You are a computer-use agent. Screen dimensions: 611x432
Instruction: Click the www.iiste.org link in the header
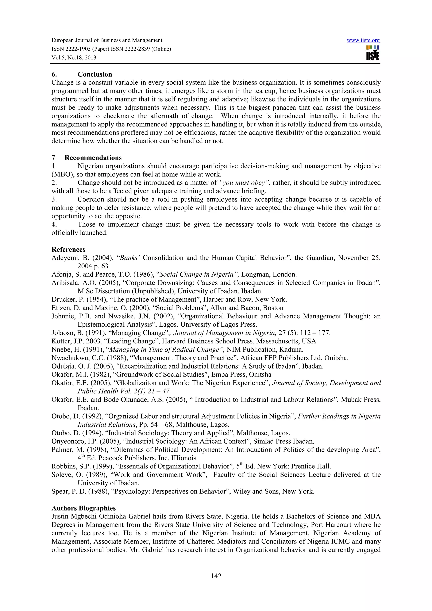[363, 40]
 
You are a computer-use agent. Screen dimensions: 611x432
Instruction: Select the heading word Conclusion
[95, 74]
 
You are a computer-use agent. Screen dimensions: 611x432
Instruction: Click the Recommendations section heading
[93, 157]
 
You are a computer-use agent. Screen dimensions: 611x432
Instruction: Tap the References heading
[68, 249]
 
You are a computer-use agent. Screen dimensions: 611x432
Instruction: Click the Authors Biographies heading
[84, 508]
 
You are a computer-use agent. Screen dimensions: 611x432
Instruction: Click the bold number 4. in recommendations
[54, 224]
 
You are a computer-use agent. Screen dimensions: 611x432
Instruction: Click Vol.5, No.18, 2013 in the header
[74, 58]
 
